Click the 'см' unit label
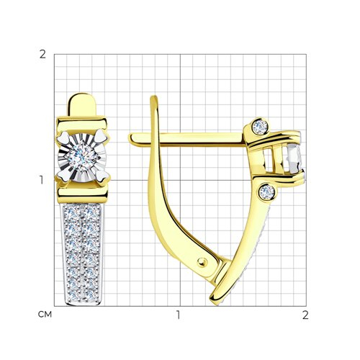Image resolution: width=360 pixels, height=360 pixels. click(x=45, y=315)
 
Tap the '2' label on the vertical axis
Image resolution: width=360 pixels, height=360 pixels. click(x=42, y=55)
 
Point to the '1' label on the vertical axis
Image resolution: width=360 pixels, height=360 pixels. click(x=42, y=180)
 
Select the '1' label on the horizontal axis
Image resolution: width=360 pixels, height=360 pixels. click(x=178, y=315)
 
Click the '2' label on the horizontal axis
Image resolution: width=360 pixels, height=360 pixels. click(x=305, y=315)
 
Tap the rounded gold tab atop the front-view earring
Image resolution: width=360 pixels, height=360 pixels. click(x=81, y=105)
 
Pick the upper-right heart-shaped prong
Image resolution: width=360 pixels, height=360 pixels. click(x=101, y=138)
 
